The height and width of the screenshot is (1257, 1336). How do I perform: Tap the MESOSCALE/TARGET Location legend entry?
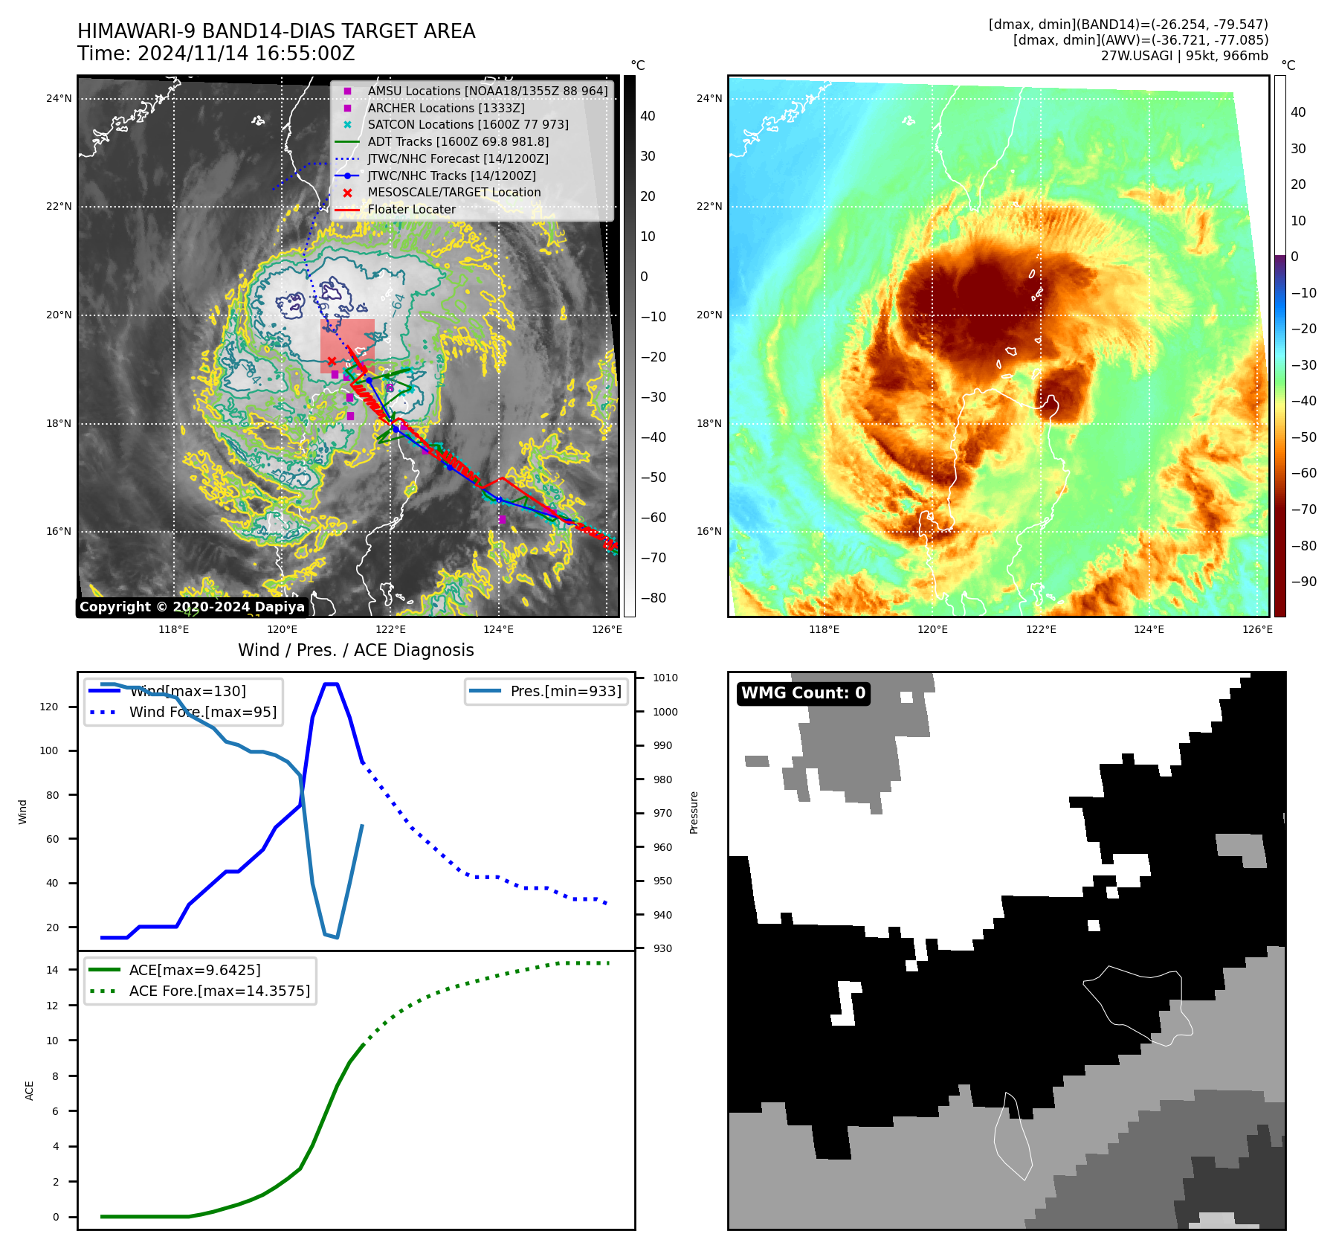[x=454, y=193]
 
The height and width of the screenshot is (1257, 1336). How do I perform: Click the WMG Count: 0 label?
[x=803, y=693]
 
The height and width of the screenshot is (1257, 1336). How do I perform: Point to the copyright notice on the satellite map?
[x=192, y=607]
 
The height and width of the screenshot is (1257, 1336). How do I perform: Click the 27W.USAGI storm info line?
[x=1184, y=56]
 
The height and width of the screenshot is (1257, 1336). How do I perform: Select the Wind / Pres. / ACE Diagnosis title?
[x=355, y=650]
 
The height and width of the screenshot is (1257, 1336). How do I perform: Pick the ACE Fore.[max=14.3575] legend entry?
[x=219, y=991]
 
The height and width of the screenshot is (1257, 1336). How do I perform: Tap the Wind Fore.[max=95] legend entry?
[x=202, y=712]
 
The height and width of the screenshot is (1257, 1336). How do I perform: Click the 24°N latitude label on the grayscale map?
[x=59, y=98]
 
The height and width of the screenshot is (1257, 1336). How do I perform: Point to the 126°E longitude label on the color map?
[x=1257, y=629]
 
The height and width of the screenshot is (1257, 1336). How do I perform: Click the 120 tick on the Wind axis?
[x=48, y=707]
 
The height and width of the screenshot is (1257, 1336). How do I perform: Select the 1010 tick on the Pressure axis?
[x=665, y=678]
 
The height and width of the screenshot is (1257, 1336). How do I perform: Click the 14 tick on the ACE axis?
[x=52, y=970]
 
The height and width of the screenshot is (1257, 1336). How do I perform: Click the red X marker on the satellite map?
[x=332, y=361]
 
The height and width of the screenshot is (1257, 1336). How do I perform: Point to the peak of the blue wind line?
[x=331, y=684]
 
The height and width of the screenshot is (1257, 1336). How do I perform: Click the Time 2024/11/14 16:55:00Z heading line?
[x=216, y=54]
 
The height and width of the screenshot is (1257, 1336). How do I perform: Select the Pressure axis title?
[x=694, y=812]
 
